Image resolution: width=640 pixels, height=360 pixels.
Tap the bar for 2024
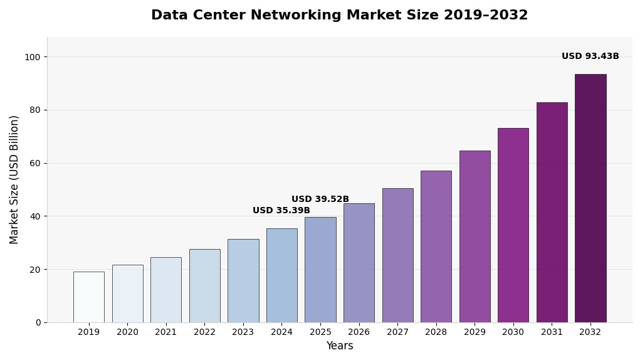(x=281, y=275)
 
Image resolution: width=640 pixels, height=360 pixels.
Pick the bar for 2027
(x=397, y=255)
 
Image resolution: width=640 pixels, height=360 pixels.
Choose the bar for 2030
(x=513, y=225)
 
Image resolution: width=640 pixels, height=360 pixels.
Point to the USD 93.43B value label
(x=590, y=56)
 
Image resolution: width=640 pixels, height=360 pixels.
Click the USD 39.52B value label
(x=320, y=199)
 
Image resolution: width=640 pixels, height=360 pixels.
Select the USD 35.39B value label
(x=281, y=211)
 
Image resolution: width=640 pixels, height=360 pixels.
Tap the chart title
(x=339, y=16)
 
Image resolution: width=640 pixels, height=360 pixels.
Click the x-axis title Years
(x=339, y=346)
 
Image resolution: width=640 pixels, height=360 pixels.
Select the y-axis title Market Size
(x=14, y=179)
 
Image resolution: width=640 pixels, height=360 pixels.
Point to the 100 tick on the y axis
(x=32, y=57)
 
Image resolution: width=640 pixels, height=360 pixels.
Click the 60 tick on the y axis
(x=34, y=163)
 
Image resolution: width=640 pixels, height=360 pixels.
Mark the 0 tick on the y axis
(x=38, y=322)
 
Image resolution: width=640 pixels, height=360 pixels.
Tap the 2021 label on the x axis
(x=165, y=332)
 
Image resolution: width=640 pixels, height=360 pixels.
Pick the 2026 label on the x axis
(x=359, y=332)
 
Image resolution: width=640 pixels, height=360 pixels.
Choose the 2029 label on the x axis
(x=475, y=332)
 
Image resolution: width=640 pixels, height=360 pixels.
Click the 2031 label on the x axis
(x=552, y=332)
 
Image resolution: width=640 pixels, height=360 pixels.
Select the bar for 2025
(x=320, y=270)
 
